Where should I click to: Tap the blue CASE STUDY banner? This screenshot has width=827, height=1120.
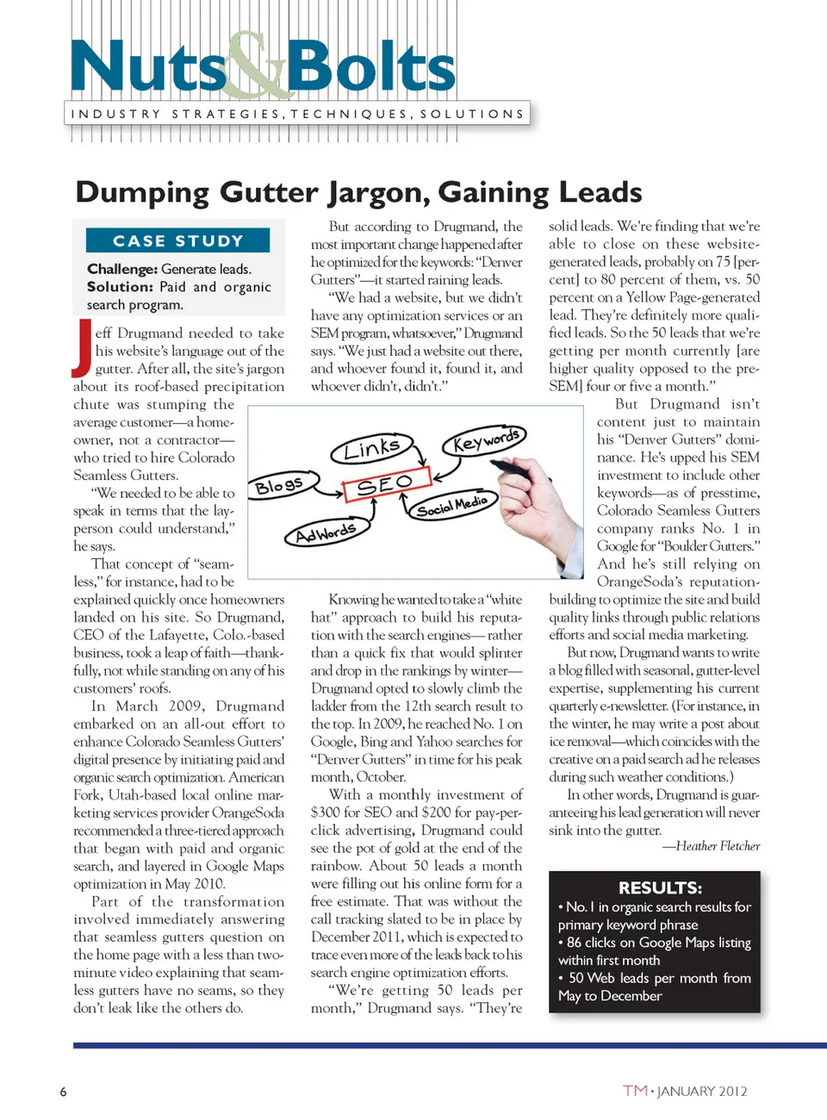[x=178, y=240]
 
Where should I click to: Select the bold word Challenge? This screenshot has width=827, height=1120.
[x=121, y=269]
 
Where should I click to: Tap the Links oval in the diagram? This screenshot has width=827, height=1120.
[x=371, y=448]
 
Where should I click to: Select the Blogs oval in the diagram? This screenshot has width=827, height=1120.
[x=279, y=486]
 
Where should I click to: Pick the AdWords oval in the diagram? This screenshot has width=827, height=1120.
[x=325, y=534]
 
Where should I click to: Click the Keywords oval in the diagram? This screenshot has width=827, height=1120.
[x=485, y=441]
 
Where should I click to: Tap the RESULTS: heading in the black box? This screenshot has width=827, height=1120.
[x=660, y=887]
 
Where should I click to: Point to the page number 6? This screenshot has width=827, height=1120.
[x=63, y=1092]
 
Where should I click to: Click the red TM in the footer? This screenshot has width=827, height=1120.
[x=635, y=1091]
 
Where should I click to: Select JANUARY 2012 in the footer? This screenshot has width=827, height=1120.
[x=702, y=1092]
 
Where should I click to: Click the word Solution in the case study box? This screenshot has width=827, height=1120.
[x=119, y=287]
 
